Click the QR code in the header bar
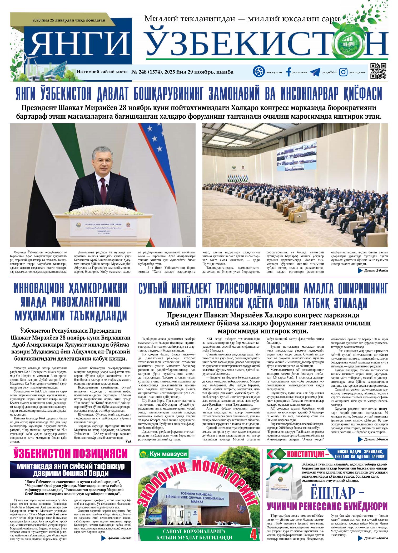click(378, 71)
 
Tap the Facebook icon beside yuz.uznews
click(288, 72)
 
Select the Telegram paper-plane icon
click(315, 72)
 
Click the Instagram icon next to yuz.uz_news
click(343, 72)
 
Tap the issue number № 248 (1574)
click(149, 72)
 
